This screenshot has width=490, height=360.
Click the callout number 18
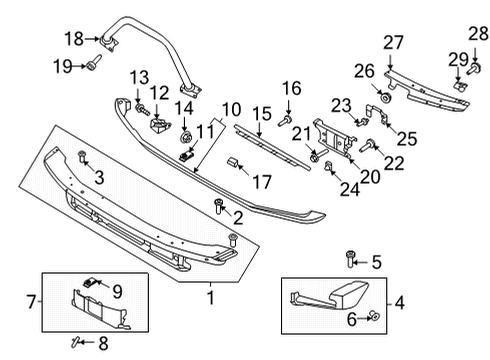74,39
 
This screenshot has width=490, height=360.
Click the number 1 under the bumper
209,297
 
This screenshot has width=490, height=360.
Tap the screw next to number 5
349,262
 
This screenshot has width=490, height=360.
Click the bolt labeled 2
219,205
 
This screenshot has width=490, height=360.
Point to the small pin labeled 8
76,341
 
